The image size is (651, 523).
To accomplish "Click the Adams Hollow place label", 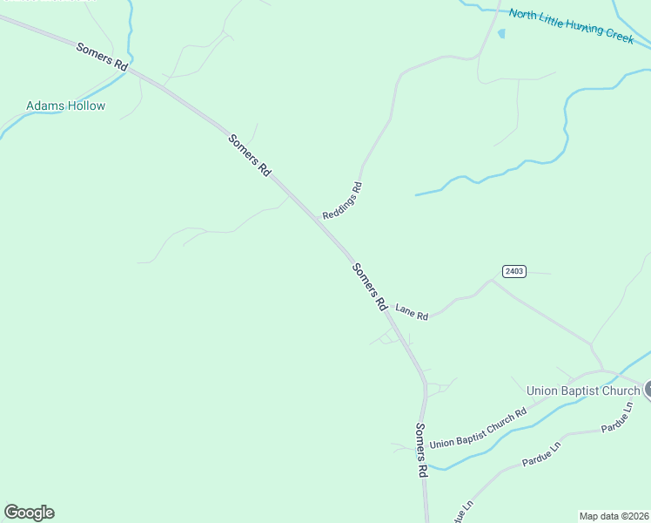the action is click(x=65, y=106).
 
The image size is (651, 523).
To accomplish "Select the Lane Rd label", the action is click(x=412, y=312).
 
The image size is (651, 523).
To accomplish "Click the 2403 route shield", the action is click(x=513, y=271).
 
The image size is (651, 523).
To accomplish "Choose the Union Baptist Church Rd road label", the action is click(x=479, y=428).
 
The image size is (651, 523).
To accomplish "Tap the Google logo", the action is click(x=29, y=513).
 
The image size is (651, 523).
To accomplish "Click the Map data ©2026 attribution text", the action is click(x=614, y=516).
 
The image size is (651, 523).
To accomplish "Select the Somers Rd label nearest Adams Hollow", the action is click(x=102, y=57).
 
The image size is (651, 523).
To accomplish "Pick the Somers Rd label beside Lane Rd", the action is click(x=369, y=287).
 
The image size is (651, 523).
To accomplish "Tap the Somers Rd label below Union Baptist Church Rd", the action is click(x=421, y=450).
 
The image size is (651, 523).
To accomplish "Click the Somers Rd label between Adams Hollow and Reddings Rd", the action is click(x=250, y=156).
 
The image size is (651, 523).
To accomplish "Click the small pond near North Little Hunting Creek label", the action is click(x=500, y=34).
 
